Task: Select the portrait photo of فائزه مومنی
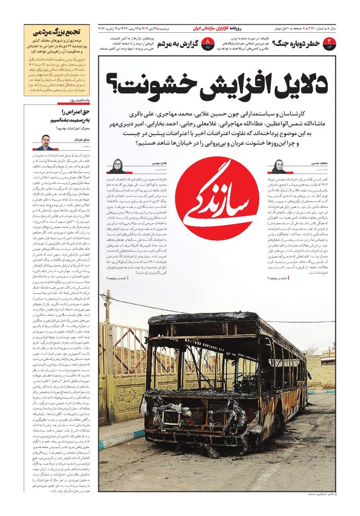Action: point(115,166)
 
